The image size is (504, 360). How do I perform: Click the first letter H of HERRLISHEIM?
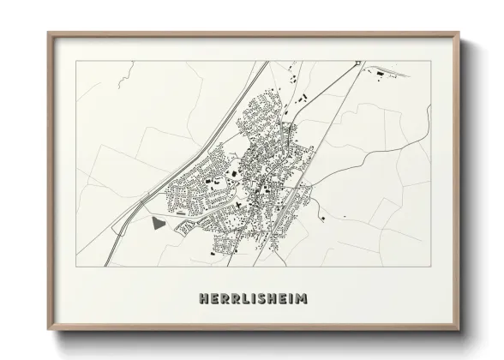click(x=201, y=300)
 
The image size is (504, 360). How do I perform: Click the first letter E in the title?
click(x=213, y=300)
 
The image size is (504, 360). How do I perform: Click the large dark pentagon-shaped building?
click(x=158, y=224)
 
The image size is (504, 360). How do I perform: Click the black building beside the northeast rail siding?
click(x=376, y=76)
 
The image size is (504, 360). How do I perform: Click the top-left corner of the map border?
click(x=77, y=61)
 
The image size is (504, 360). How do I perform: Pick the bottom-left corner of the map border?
click(x=77, y=272)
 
